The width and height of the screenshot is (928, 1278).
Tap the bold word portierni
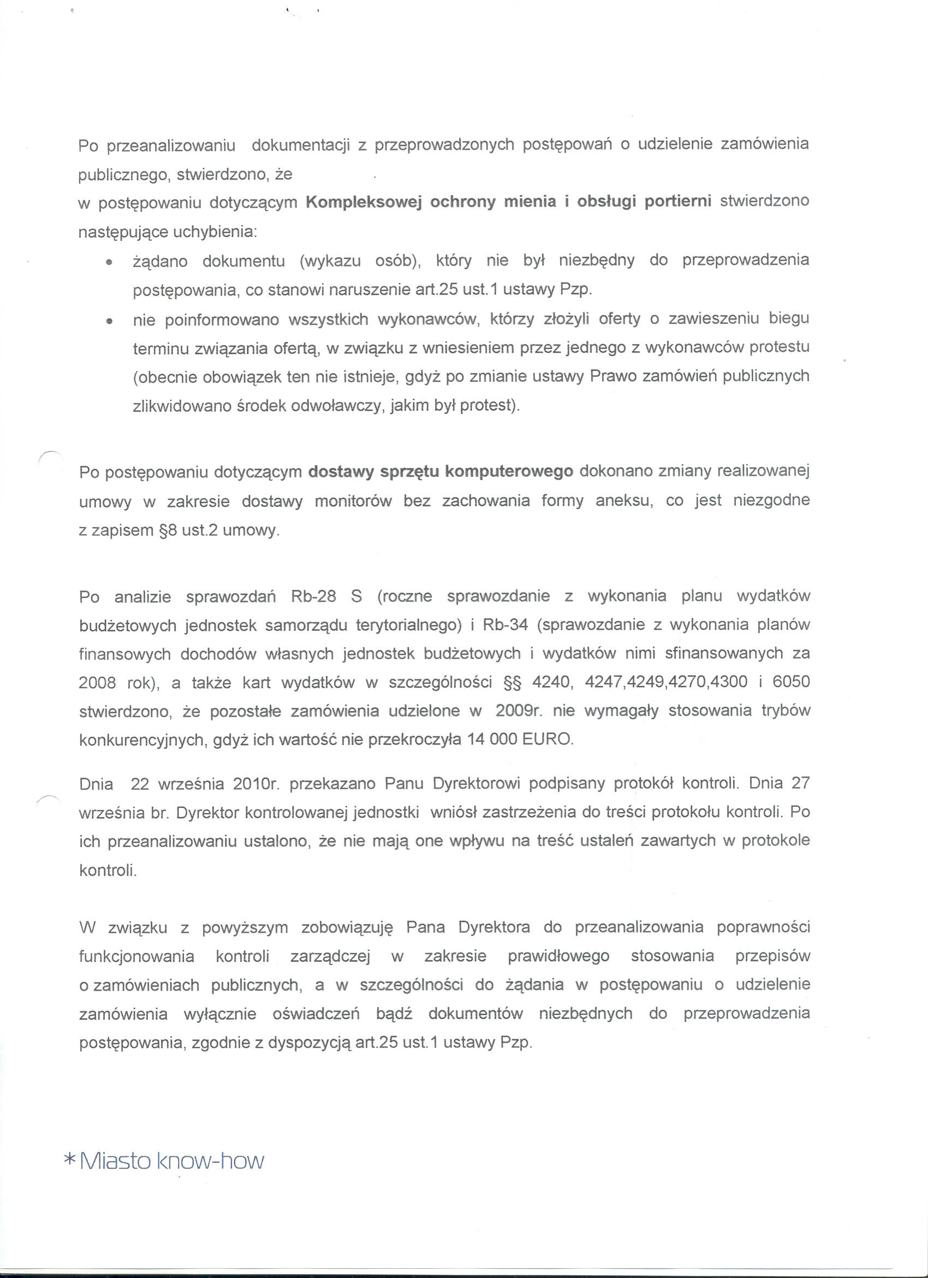[677, 201]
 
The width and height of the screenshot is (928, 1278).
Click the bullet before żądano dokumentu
[109, 263]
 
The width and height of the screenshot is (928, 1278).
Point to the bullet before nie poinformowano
[109, 321]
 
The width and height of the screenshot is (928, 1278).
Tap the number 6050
[790, 682]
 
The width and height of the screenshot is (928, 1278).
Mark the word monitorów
[353, 501]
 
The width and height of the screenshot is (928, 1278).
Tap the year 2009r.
[519, 711]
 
